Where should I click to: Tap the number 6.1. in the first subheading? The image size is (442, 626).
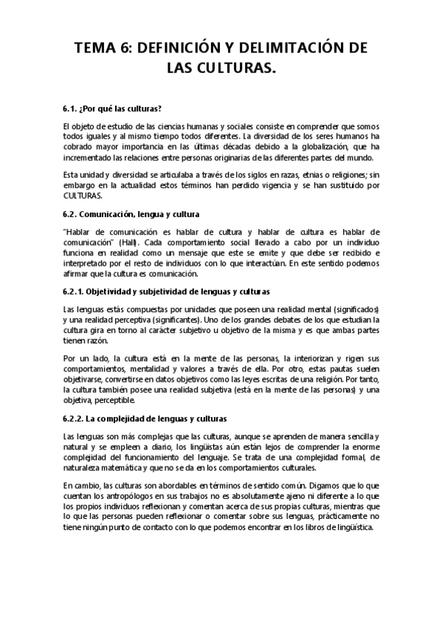coord(71,107)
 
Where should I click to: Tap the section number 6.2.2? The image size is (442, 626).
coord(75,417)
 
